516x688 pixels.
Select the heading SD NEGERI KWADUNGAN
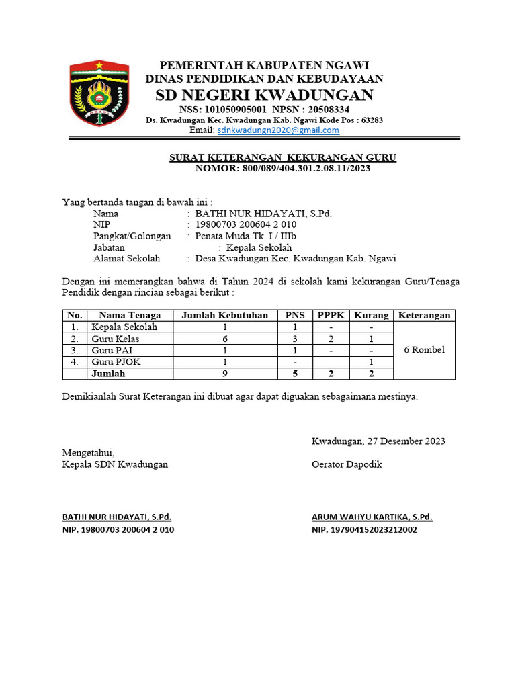pyautogui.click(x=264, y=94)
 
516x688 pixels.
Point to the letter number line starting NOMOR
pyautogui.click(x=282, y=169)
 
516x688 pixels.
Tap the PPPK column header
pyautogui.click(x=331, y=315)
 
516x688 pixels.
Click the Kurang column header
pyautogui.click(x=371, y=315)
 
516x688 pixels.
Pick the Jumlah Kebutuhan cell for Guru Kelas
pyautogui.click(x=225, y=339)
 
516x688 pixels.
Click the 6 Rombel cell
pyautogui.click(x=424, y=350)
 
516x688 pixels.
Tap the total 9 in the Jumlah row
pyautogui.click(x=225, y=374)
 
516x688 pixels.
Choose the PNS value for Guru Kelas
pyautogui.click(x=294, y=339)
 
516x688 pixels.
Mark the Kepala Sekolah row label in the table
pyautogui.click(x=124, y=327)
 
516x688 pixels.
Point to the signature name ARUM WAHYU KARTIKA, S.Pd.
pyautogui.click(x=372, y=517)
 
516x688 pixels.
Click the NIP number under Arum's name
pyautogui.click(x=364, y=530)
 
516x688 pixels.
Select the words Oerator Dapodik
pyautogui.click(x=347, y=464)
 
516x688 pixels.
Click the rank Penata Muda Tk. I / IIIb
pyautogui.click(x=246, y=236)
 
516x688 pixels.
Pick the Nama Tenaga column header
pyautogui.click(x=130, y=315)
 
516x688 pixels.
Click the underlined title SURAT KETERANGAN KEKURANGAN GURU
pyautogui.click(x=282, y=158)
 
